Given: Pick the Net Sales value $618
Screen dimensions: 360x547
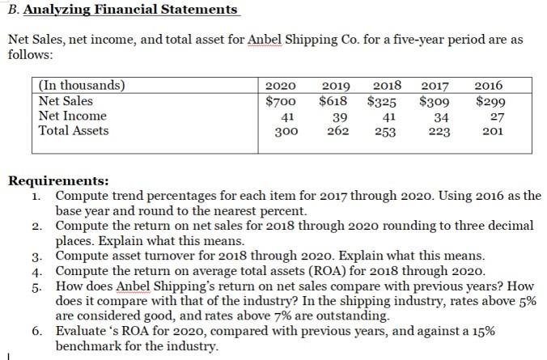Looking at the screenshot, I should pos(333,102).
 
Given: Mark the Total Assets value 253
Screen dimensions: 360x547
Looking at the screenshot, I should pos(384,133).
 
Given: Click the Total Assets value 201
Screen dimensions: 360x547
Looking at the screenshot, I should pos(490,130).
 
